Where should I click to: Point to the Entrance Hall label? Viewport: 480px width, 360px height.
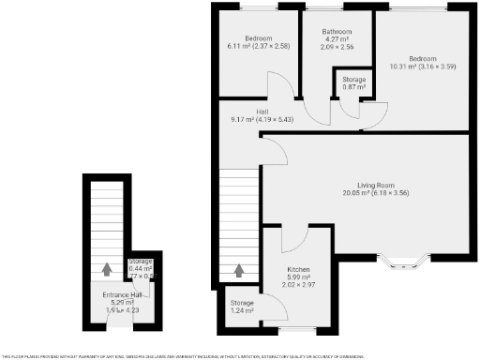point(121,295)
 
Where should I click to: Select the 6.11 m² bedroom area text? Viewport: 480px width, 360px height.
point(258,46)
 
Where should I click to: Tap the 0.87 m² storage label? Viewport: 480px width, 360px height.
point(353,87)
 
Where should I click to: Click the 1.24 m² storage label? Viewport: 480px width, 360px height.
point(242,310)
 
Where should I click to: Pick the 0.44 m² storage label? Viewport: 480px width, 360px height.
point(141,269)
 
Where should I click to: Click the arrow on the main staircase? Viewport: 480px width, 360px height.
point(238,271)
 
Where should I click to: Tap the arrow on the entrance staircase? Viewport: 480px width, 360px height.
point(105,271)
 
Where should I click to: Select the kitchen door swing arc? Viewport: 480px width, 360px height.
point(291,240)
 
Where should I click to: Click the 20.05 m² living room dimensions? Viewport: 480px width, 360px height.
point(375,193)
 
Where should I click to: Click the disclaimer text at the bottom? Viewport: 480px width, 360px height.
point(239,355)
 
